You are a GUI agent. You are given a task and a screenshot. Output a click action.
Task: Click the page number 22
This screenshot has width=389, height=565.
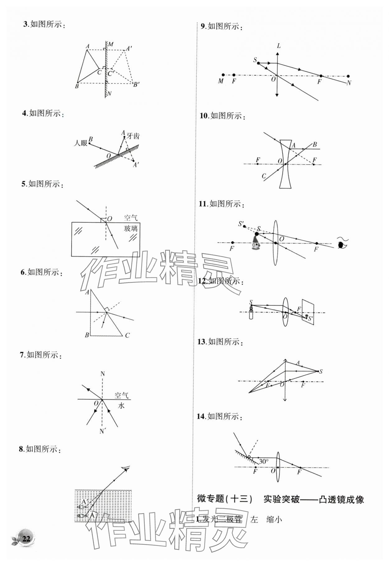(26, 539)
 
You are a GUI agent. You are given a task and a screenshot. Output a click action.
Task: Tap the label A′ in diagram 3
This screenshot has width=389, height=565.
(129, 49)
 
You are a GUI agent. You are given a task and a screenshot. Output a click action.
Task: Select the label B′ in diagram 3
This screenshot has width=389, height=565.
(136, 84)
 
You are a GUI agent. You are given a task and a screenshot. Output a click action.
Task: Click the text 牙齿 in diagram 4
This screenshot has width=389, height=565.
(133, 136)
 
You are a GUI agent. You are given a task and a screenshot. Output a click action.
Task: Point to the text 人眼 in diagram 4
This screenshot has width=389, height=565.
(80, 143)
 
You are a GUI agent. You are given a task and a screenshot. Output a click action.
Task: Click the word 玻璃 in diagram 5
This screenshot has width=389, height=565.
(131, 228)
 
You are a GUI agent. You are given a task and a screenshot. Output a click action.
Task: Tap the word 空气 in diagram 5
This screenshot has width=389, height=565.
(131, 218)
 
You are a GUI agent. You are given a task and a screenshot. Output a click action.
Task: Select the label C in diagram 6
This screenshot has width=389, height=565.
(127, 335)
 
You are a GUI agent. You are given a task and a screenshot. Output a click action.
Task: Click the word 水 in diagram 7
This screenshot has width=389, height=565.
(121, 406)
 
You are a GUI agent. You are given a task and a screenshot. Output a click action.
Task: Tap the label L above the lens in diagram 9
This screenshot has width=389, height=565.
(279, 46)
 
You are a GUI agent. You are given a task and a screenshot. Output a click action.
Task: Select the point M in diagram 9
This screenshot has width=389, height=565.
(223, 75)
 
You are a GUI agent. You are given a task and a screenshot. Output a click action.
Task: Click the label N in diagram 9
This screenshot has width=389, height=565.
(349, 83)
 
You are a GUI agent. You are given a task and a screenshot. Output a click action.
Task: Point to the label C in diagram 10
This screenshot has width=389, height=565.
(264, 176)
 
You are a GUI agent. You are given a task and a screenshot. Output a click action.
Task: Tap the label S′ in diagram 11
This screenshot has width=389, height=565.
(241, 224)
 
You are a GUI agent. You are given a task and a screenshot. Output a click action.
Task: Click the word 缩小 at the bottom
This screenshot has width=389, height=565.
(274, 520)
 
